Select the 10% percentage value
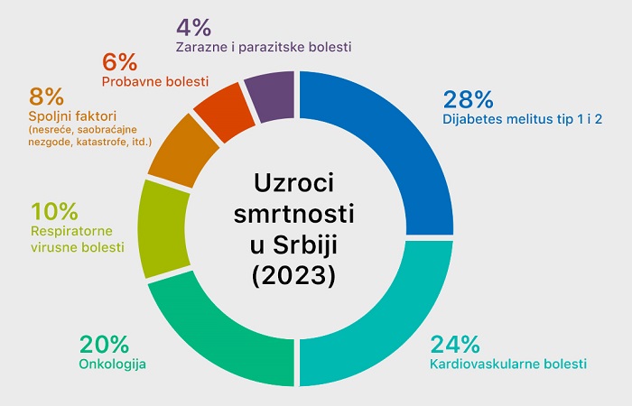[x=55, y=212]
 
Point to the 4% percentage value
[x=193, y=24]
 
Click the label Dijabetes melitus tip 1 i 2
[x=523, y=119]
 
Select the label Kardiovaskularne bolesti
[x=508, y=364]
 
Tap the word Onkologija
[x=113, y=364]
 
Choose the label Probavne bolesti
[x=154, y=82]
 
